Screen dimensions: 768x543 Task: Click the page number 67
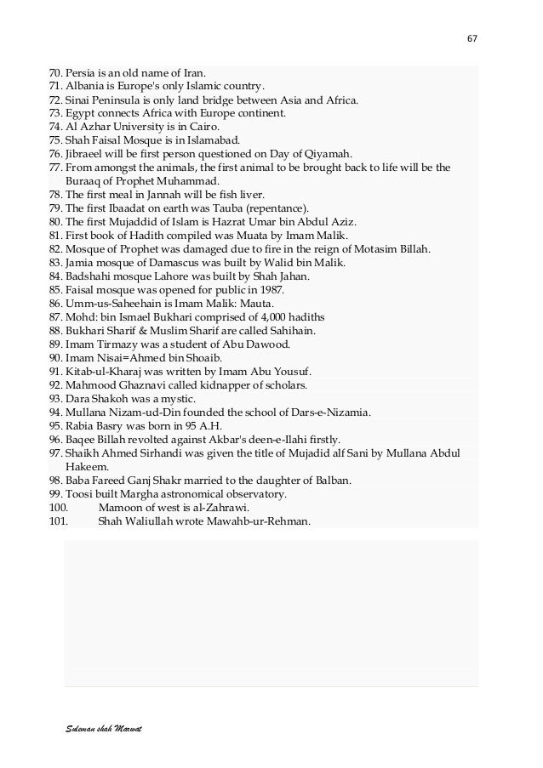[472, 37]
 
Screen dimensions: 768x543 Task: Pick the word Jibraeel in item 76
[83, 154]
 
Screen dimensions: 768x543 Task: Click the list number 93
[55, 399]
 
